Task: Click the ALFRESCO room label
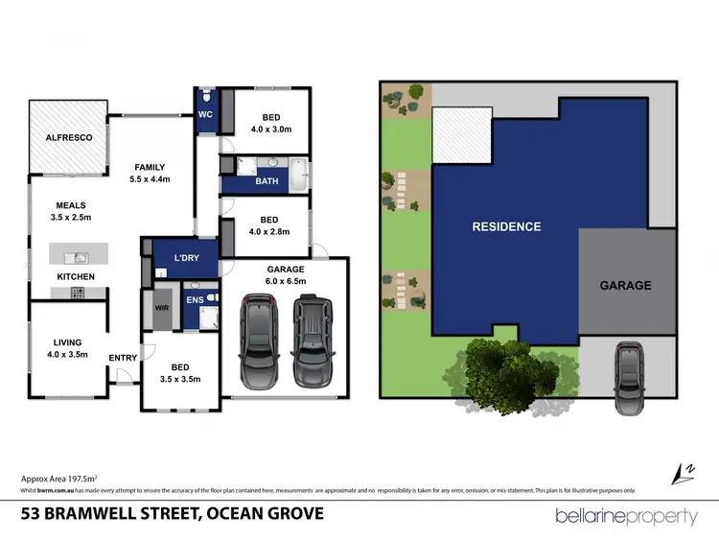point(69,138)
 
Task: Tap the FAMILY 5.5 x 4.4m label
point(151,173)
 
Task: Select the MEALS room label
point(70,211)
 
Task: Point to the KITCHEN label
point(75,277)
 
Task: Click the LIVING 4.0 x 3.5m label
point(67,347)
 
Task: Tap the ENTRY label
point(123,358)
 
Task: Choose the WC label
point(205,115)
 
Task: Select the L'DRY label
point(187,259)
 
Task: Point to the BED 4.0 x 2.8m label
point(269,224)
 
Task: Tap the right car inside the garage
point(311,337)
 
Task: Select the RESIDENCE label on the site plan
point(506,227)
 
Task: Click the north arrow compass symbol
point(684,471)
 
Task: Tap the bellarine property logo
point(627,516)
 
